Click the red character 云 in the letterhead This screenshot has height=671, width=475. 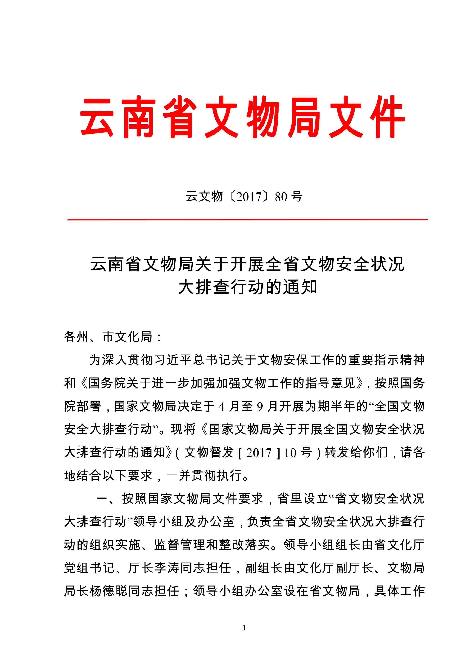[x=97, y=117]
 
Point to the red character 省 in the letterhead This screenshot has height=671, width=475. [x=180, y=117]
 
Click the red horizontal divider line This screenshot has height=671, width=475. [x=247, y=219]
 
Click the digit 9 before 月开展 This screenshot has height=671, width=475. [x=260, y=406]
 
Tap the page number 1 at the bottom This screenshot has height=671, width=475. [x=244, y=627]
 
